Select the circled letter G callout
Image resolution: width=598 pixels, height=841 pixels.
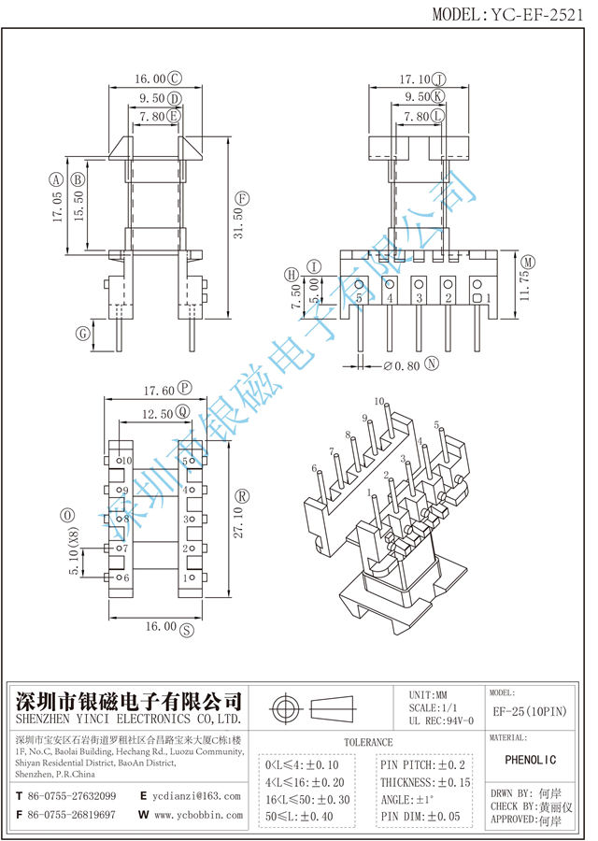[82, 333]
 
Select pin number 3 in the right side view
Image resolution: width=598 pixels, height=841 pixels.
[420, 298]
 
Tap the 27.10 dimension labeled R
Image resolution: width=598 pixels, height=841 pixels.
[239, 519]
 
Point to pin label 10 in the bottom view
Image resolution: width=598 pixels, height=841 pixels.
[126, 462]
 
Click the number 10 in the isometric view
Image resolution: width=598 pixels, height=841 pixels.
[379, 402]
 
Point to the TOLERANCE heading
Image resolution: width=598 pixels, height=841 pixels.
[368, 742]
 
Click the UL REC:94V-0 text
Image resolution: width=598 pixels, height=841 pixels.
[440, 720]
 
